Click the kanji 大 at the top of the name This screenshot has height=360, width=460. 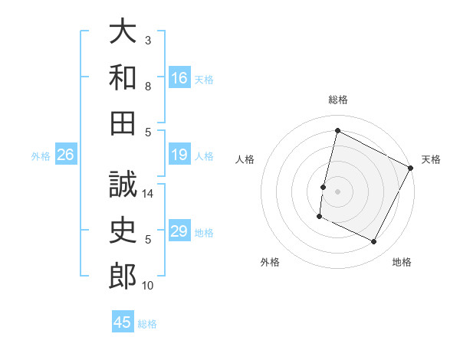coord(123,32)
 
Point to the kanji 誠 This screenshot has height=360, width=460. coord(123,185)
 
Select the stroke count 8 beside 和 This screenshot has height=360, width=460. coord(148,87)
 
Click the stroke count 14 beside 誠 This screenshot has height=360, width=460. coord(148,195)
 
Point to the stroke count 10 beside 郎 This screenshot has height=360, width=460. coord(148,286)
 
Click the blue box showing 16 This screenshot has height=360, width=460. coord(179,77)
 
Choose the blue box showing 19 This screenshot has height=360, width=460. coord(179,155)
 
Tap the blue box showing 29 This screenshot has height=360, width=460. coord(179,231)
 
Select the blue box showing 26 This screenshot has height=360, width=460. coord(66,155)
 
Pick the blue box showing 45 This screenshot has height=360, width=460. coord(123,322)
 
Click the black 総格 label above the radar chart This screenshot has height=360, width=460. coord(338,100)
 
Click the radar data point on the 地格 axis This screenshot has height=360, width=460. coord(374,242)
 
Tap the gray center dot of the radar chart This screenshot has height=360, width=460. coord(337,191)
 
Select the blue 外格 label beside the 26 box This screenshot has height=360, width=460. coord(41,156)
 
